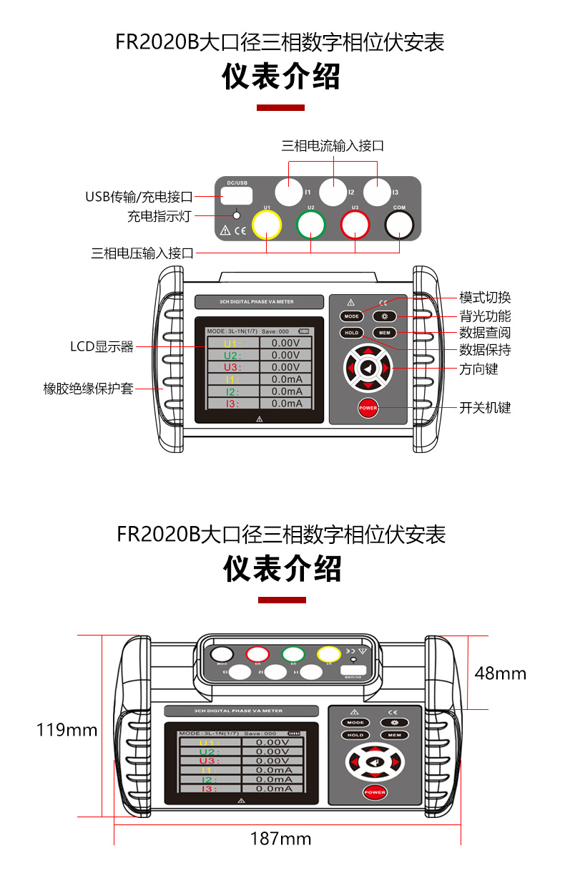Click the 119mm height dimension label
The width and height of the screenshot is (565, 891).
67,730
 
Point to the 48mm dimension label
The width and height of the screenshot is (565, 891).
501,673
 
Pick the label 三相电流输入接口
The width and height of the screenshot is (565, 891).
333,146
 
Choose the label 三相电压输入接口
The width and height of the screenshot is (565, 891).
142,253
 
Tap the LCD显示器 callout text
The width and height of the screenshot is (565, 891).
102,347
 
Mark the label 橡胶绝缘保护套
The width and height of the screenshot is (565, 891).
89,389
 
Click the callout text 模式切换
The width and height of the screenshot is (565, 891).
485,298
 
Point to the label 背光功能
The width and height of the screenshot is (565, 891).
485,316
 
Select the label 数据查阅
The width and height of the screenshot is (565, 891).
485,333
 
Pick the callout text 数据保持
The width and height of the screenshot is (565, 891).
485,351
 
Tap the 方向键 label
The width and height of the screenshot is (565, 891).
478,369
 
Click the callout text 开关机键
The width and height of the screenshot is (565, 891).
485,408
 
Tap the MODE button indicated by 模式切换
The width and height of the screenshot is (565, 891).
351,316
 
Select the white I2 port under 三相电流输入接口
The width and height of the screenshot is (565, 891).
333,192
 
